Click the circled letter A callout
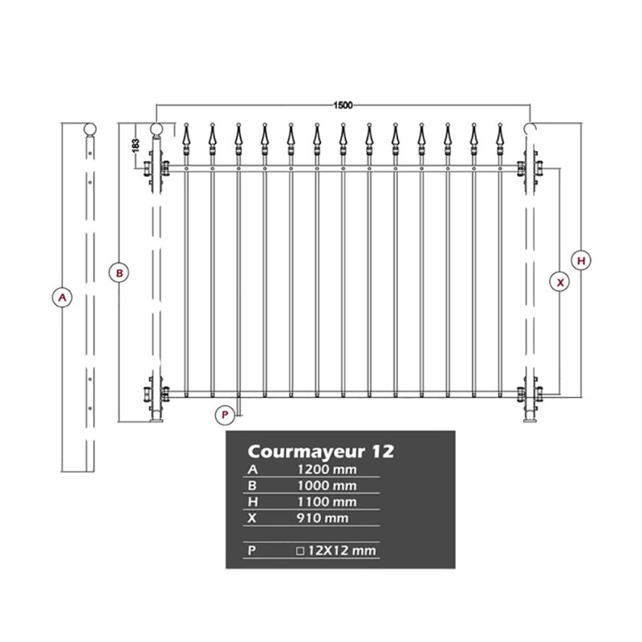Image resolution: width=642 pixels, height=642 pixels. pyautogui.click(x=63, y=297)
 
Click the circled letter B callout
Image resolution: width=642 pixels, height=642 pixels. pyautogui.click(x=119, y=273)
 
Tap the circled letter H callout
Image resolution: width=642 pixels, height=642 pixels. pyautogui.click(x=581, y=261)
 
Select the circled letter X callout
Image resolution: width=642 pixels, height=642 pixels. pyautogui.click(x=559, y=282)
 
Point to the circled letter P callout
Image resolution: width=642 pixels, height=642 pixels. pyautogui.click(x=225, y=415)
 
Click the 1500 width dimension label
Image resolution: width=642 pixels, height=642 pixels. pyautogui.click(x=343, y=105)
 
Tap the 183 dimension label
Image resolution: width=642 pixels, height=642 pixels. pyautogui.click(x=136, y=145)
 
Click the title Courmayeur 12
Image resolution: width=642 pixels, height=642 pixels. pyautogui.click(x=320, y=452)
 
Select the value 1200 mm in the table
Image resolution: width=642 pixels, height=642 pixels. pyautogui.click(x=327, y=469)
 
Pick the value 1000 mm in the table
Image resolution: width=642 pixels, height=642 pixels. pyautogui.click(x=327, y=486)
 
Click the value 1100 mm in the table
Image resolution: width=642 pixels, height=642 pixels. pyautogui.click(x=327, y=502)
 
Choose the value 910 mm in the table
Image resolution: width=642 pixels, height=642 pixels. pyautogui.click(x=323, y=518)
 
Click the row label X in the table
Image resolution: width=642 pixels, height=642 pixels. pyautogui.click(x=252, y=518)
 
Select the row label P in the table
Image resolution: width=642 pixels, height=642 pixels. pyautogui.click(x=251, y=551)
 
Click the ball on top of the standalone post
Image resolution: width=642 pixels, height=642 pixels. pyautogui.click(x=90, y=129)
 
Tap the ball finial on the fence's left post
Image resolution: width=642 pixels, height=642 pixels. pyautogui.click(x=156, y=129)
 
